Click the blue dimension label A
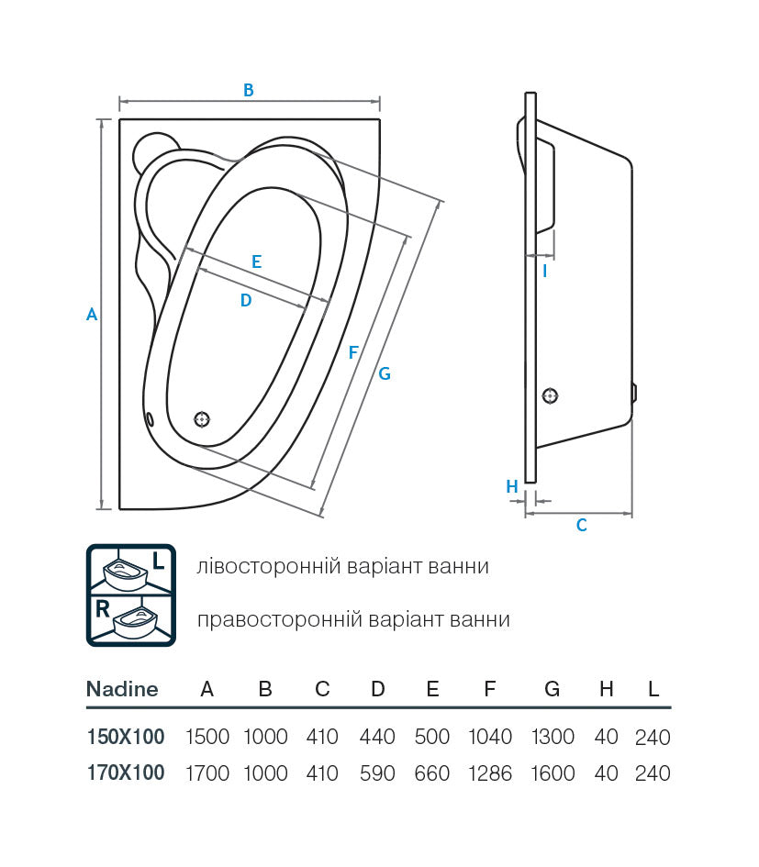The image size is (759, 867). [x=92, y=314]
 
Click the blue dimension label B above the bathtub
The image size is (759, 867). [x=248, y=90]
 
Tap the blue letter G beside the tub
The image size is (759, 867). [x=385, y=373]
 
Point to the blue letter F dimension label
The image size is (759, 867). [x=353, y=351]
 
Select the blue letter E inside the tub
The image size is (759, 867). [x=256, y=261]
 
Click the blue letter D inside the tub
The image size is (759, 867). [x=245, y=300]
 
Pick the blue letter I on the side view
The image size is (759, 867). [x=545, y=271]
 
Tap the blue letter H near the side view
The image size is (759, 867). [x=512, y=486]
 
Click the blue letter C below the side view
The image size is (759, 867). [x=581, y=526]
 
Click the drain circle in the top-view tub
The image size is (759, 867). [x=202, y=419]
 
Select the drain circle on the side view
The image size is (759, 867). [x=550, y=396]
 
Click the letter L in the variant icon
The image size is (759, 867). [x=159, y=561]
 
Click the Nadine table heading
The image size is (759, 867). [x=122, y=689]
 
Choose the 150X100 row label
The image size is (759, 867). [x=125, y=737]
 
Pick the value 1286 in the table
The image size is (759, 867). [x=490, y=773]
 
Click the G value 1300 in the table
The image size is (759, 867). [x=552, y=737]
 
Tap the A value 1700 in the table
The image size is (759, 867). [x=207, y=773]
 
